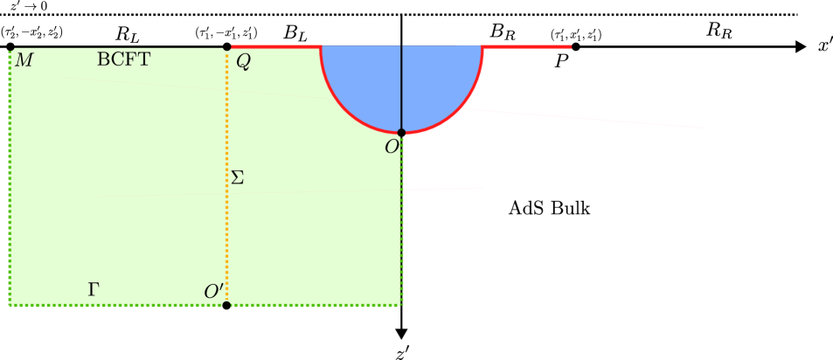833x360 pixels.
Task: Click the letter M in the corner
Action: [x=24, y=60]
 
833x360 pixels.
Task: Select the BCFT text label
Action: [x=123, y=59]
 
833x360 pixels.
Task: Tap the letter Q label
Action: [x=243, y=62]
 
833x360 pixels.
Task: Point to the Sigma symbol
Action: [x=237, y=177]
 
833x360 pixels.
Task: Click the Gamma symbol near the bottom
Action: [x=93, y=289]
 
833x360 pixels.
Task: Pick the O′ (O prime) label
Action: [x=213, y=292]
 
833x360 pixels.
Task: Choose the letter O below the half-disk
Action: [x=392, y=148]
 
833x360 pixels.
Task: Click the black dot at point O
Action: [x=401, y=133]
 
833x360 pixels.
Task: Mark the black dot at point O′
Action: [x=226, y=305]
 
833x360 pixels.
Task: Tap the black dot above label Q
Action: [x=227, y=46]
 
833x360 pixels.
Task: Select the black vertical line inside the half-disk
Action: [x=401, y=87]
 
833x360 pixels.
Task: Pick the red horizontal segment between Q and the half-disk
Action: [x=275, y=46]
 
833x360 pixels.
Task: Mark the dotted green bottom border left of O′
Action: [x=114, y=305]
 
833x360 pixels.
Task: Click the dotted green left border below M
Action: [x=10, y=175]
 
